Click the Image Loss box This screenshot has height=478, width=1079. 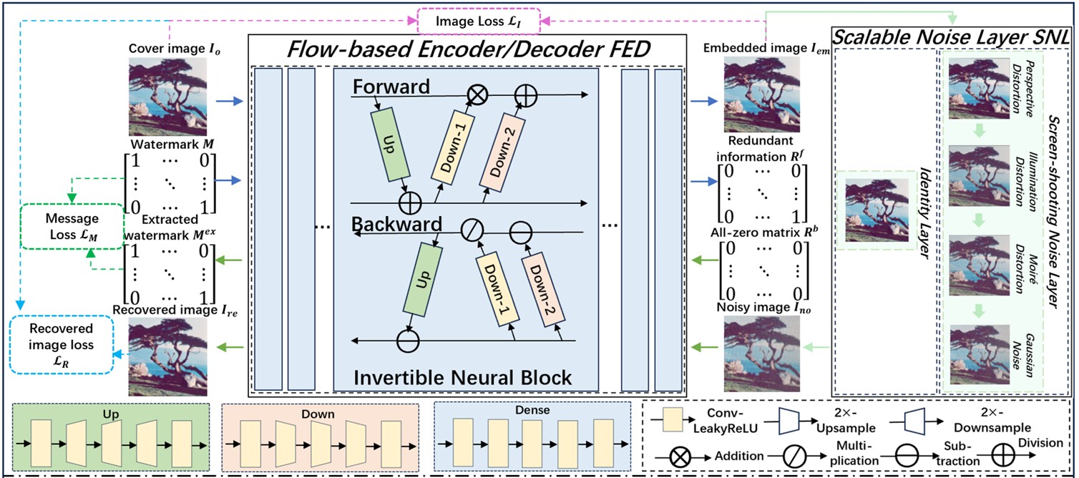479,21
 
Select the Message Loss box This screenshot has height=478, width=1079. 72,226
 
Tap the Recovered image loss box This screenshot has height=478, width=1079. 61,344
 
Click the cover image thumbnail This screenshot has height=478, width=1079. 167,97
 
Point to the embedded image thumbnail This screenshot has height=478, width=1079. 762,94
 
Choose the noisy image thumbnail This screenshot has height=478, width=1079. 762,353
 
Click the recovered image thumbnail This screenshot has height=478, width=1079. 167,357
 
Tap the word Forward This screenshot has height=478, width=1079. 391,87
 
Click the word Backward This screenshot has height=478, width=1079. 396,224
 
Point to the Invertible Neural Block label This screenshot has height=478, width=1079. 462,378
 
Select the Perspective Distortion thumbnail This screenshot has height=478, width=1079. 980,89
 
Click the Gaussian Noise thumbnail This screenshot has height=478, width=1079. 980,355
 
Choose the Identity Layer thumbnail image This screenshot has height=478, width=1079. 877,210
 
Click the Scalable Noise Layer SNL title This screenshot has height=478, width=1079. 952,37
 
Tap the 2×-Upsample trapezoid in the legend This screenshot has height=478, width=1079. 789,421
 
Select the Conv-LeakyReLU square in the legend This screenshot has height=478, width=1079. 673,420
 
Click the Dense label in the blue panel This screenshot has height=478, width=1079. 532,410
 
